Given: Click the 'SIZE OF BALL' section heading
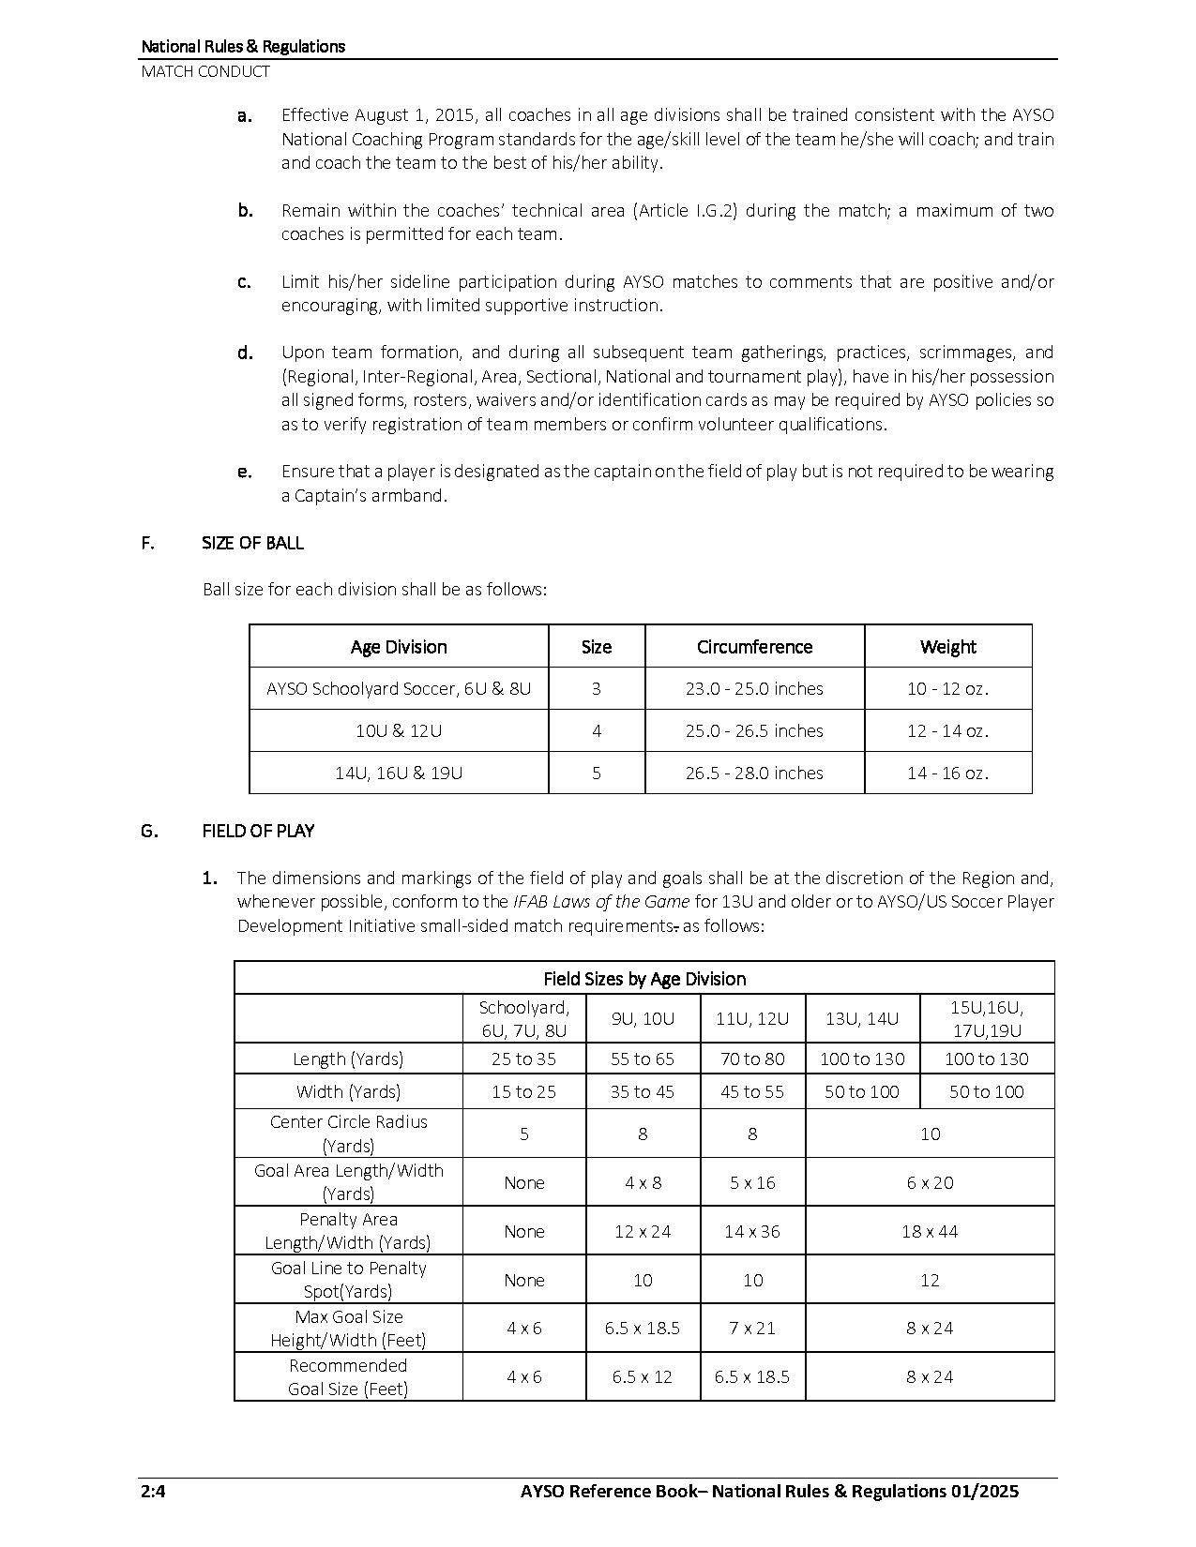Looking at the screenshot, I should tap(252, 543).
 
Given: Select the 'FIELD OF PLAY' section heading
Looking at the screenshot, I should tap(258, 831).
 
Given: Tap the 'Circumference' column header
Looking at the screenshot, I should tap(754, 647).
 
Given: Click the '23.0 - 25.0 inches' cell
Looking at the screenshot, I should tap(754, 688).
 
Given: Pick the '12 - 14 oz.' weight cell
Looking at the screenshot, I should tap(947, 730).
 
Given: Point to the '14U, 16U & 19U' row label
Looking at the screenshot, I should tap(399, 773).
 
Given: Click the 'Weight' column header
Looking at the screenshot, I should tap(947, 647).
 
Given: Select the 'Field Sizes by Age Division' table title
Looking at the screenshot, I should tap(644, 979).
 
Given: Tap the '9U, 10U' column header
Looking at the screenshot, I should tap(643, 1018).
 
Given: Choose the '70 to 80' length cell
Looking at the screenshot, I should tap(752, 1059).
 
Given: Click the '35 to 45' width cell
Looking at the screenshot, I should tap(643, 1091).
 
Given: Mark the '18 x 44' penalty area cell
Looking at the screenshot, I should tap(930, 1231).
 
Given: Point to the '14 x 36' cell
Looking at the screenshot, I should tap(752, 1231).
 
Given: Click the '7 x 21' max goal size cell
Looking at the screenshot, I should tap(752, 1328).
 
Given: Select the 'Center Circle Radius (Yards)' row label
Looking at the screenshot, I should tap(348, 1134).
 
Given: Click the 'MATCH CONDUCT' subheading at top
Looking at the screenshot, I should tap(205, 71).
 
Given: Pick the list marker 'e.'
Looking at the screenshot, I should tap(245, 472).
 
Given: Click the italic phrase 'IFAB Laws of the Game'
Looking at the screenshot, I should tap(600, 902).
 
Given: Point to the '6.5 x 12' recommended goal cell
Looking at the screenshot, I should tap(643, 1376).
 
